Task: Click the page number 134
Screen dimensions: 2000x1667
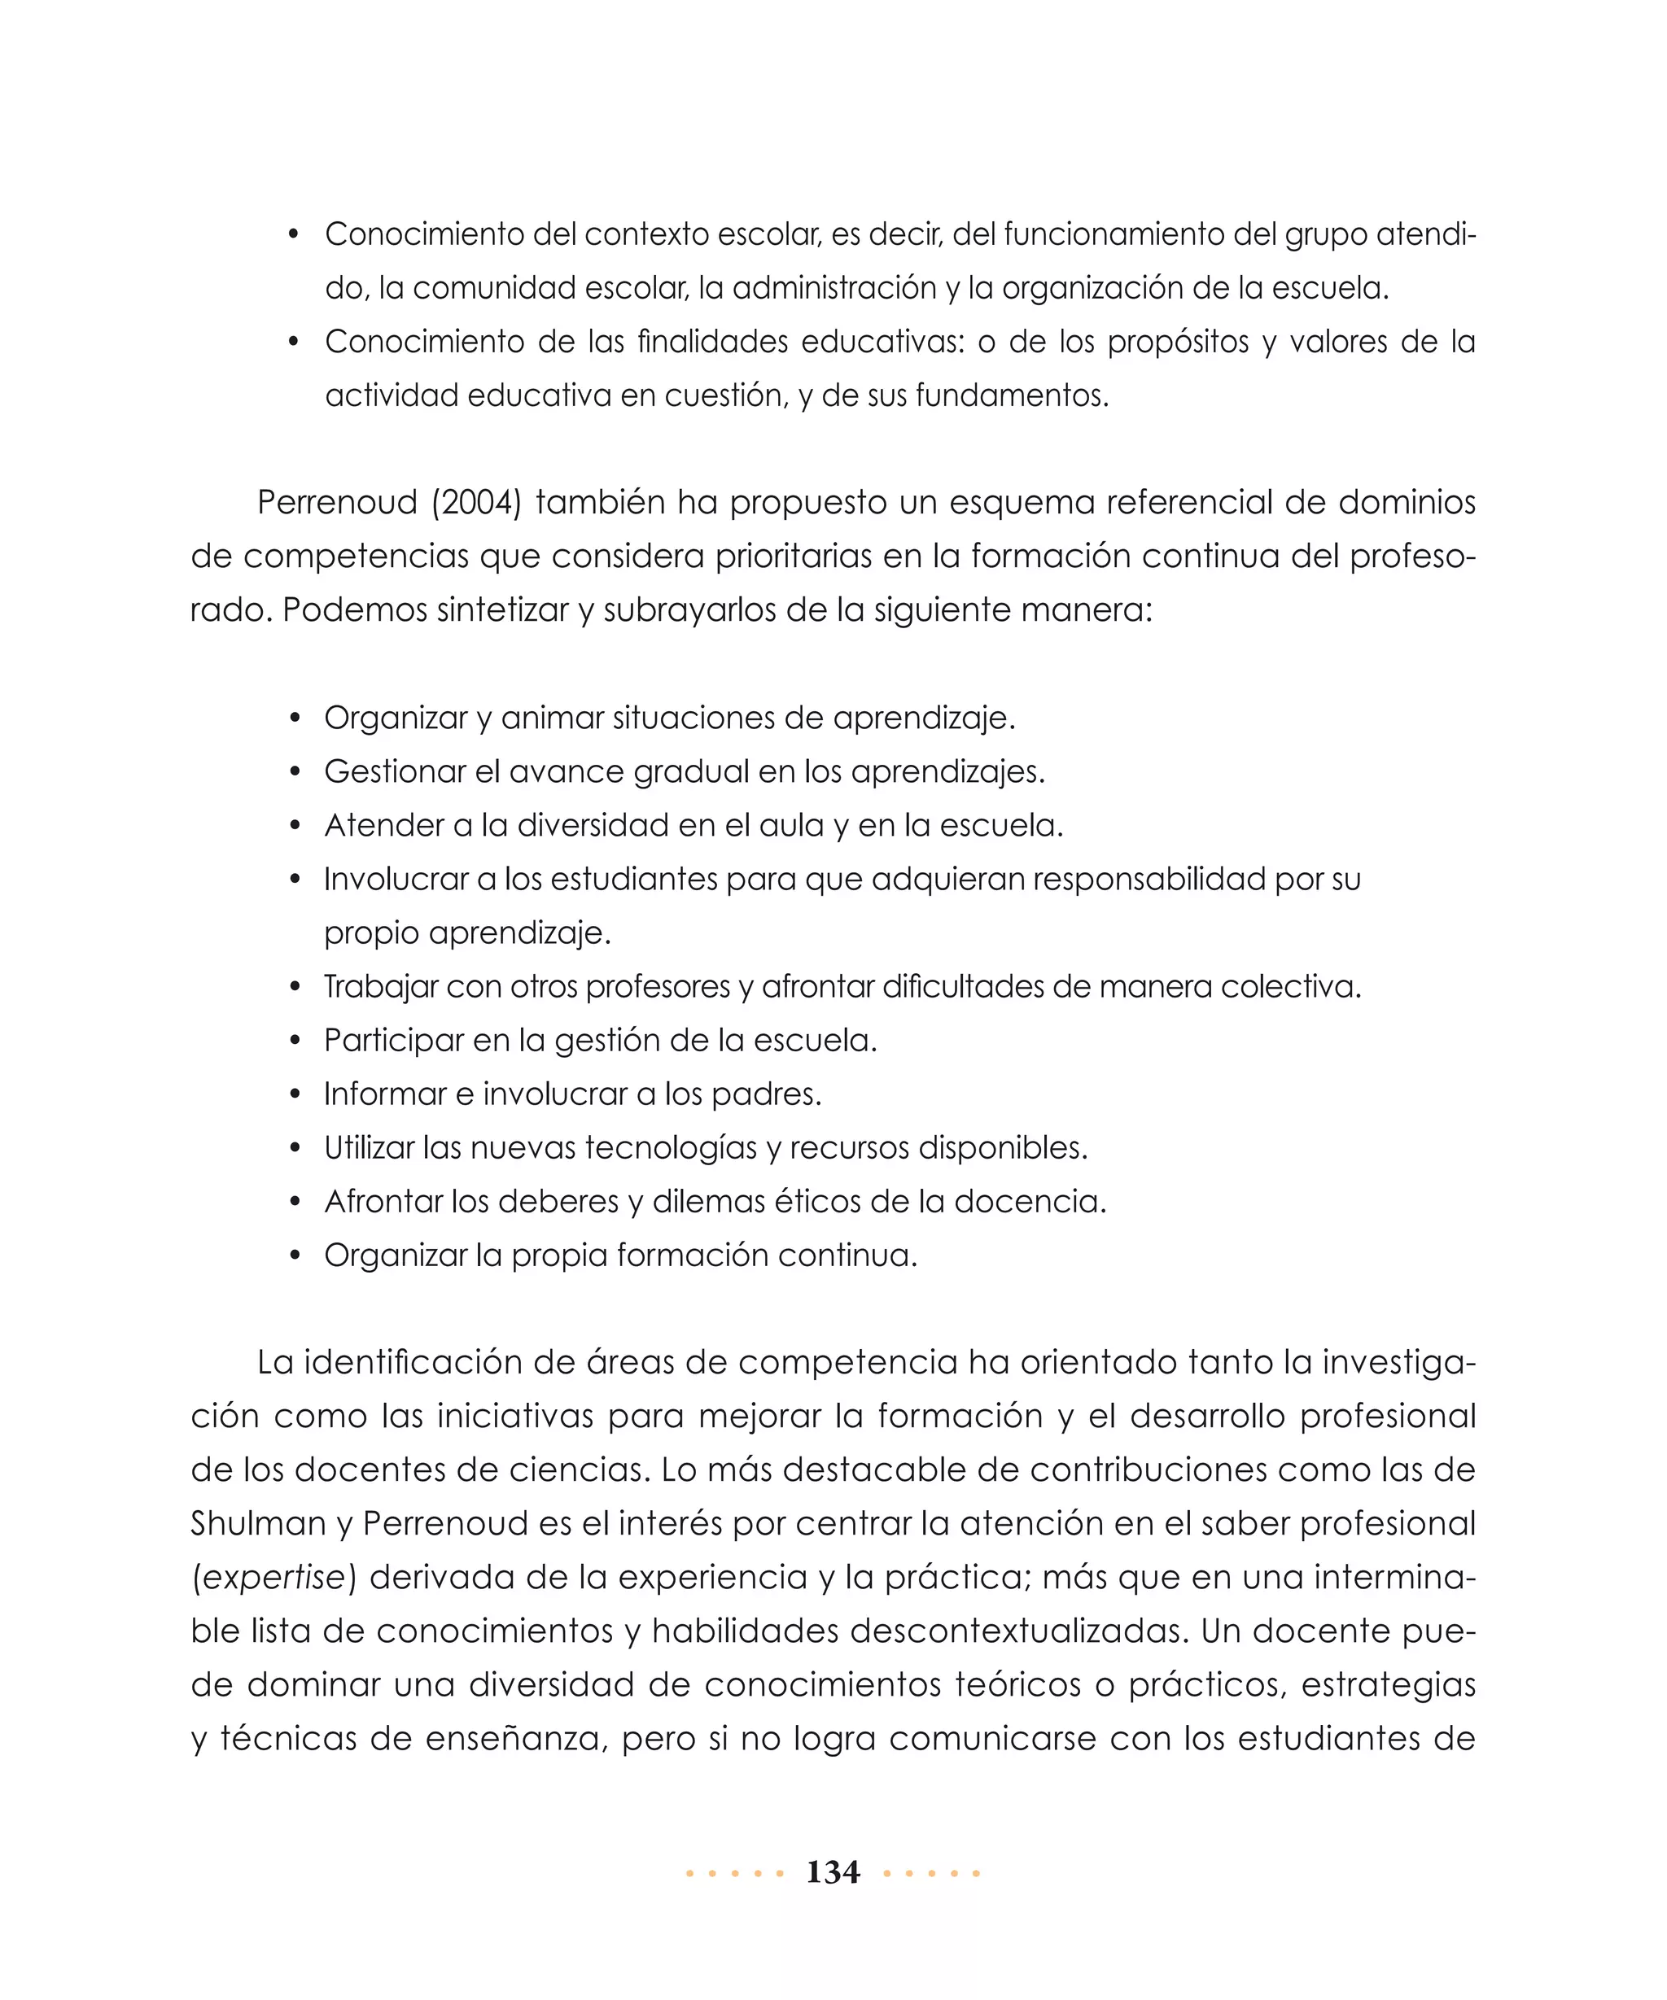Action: (833, 1872)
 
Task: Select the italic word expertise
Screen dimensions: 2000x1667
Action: (273, 1578)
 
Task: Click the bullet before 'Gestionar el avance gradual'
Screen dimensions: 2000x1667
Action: (295, 771)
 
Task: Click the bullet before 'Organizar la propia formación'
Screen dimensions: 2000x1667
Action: (295, 1256)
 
